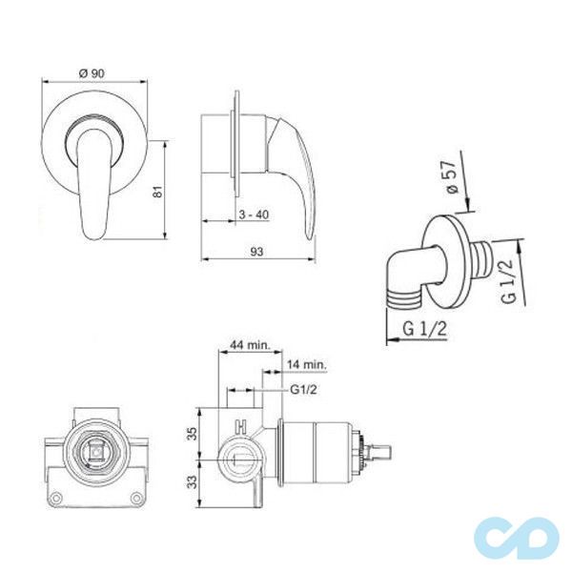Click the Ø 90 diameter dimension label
(x=92, y=73)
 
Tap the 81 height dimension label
(x=157, y=191)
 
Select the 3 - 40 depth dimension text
(x=254, y=214)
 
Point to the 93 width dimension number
(x=256, y=252)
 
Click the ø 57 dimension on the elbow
(x=451, y=177)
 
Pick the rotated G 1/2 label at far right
(x=509, y=281)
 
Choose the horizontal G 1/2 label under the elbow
(x=424, y=329)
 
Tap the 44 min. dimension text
(x=250, y=345)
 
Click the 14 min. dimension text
(x=307, y=364)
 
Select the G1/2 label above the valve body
(x=303, y=390)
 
